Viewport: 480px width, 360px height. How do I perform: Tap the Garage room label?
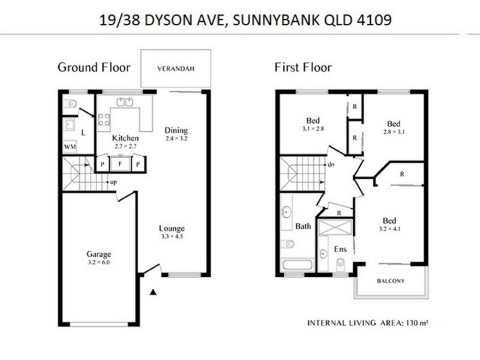tap(98, 254)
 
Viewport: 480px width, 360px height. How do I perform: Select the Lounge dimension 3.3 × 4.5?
tap(172, 236)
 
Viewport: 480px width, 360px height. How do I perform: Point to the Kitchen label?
tap(125, 138)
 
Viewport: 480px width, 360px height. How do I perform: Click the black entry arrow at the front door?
tap(153, 292)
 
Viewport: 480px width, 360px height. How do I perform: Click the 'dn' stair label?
tap(331, 164)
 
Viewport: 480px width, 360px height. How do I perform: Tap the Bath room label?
tap(302, 226)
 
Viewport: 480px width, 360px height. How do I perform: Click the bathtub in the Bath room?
tap(296, 265)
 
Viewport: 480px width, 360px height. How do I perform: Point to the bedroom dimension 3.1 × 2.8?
tap(313, 128)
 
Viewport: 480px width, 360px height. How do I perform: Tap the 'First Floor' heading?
tap(303, 67)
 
